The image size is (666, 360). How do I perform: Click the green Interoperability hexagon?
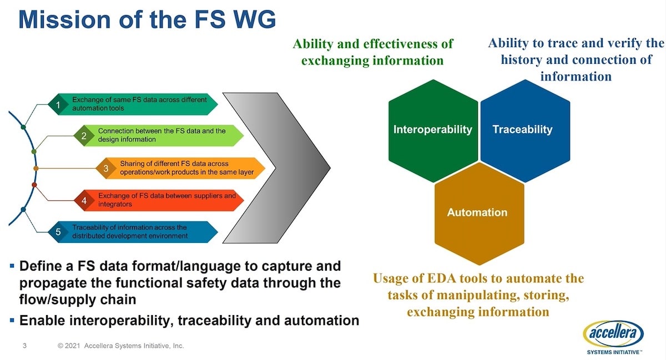[433, 131]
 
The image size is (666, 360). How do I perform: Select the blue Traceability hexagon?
[526, 131]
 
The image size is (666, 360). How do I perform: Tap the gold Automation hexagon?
[480, 214]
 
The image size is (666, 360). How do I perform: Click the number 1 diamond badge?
[59, 104]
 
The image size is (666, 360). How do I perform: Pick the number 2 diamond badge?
[84, 136]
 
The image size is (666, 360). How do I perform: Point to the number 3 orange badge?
[106, 168]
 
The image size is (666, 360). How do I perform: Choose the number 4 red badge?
[84, 201]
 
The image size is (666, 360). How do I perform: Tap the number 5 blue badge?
[59, 232]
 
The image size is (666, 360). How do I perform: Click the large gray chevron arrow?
[276, 168]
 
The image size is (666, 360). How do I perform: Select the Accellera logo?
[614, 338]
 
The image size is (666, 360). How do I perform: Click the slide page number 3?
[24, 346]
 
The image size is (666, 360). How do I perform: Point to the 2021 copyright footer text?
[121, 346]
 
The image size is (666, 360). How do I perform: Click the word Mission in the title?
[64, 19]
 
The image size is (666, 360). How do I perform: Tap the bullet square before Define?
[12, 266]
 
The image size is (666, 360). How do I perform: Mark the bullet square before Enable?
[12, 320]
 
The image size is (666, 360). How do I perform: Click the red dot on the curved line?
[34, 185]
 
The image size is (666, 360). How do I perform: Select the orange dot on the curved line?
[36, 169]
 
